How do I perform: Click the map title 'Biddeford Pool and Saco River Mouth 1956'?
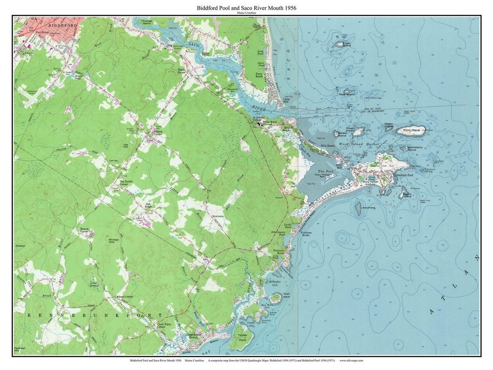click(x=246, y=8)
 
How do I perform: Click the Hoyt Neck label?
click(x=287, y=295)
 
